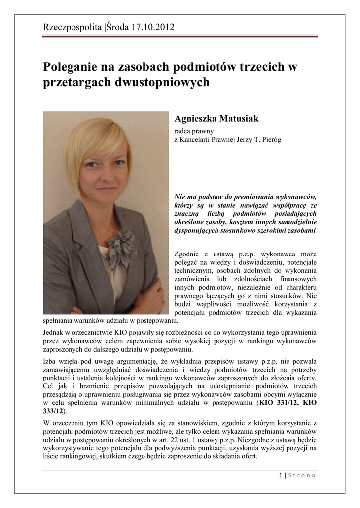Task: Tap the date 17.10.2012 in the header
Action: (153, 27)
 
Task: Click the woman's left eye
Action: (118, 163)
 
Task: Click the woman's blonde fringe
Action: (94, 141)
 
